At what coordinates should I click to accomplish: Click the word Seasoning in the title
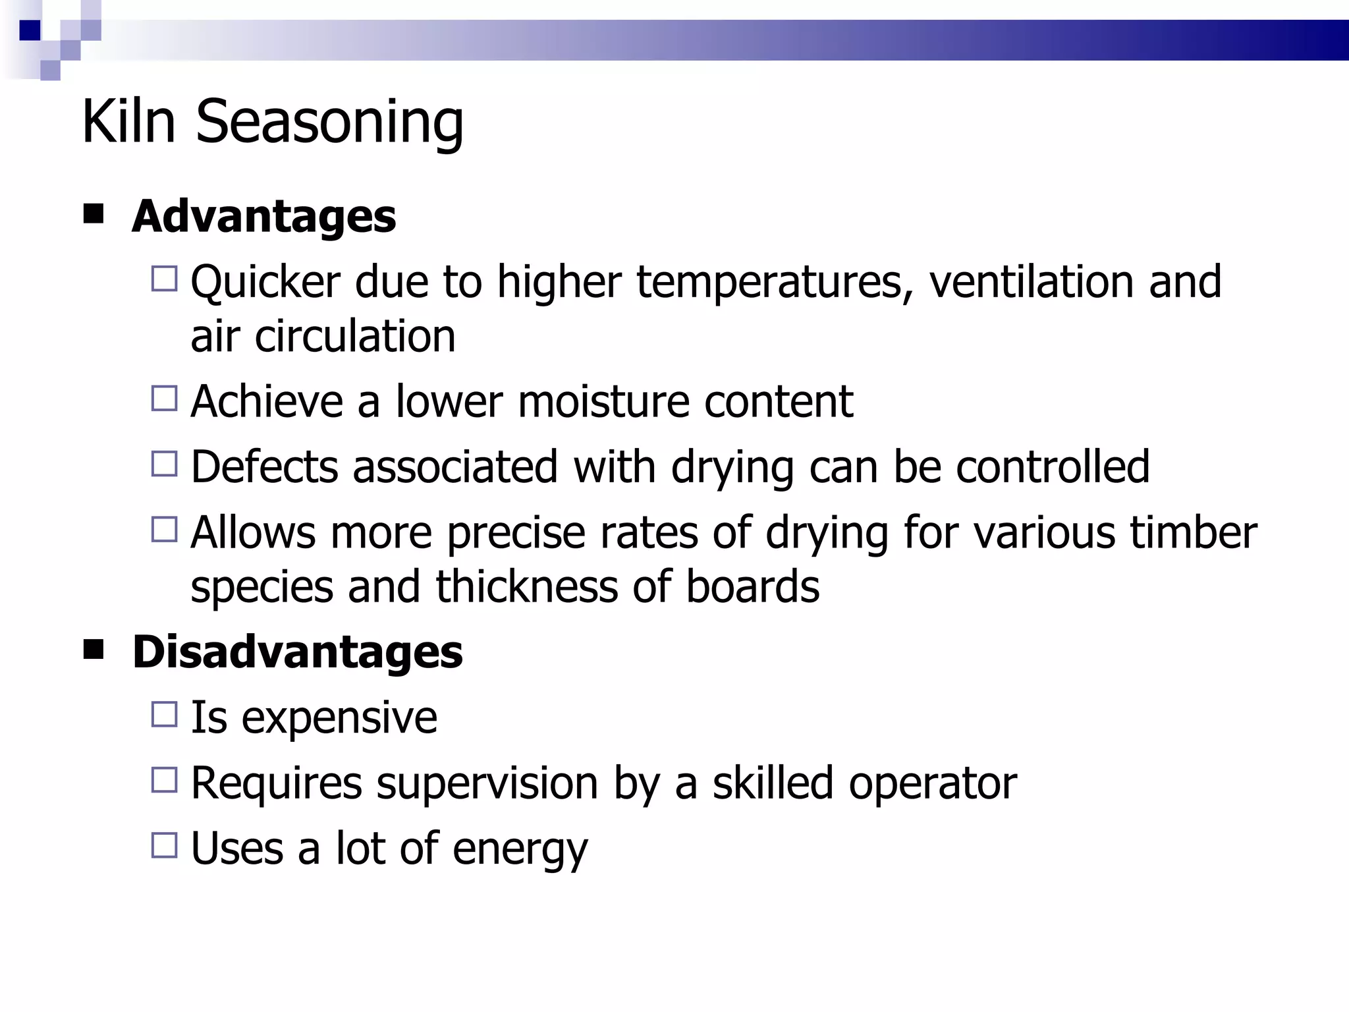[x=329, y=122]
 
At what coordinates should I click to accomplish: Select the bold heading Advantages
[x=263, y=216]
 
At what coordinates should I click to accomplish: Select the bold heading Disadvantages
[x=297, y=652]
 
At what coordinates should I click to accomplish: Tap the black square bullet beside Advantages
[x=94, y=214]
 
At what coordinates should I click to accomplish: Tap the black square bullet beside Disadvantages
[x=94, y=650]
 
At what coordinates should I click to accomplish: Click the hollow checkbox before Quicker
[x=165, y=279]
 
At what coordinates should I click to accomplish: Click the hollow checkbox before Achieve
[x=165, y=399]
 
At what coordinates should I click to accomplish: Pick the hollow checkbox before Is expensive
[x=165, y=714]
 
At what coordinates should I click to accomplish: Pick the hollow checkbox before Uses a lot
[x=165, y=845]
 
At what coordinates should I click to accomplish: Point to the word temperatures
[x=775, y=282]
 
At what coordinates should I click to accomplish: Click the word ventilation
[x=1031, y=282]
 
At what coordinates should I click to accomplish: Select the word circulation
[x=355, y=336]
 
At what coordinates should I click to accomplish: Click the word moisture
[x=603, y=401]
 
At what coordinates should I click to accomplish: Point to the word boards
[x=752, y=586]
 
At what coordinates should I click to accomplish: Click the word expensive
[x=339, y=718]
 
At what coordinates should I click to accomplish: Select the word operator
[x=932, y=783]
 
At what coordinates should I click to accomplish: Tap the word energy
[x=520, y=850]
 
